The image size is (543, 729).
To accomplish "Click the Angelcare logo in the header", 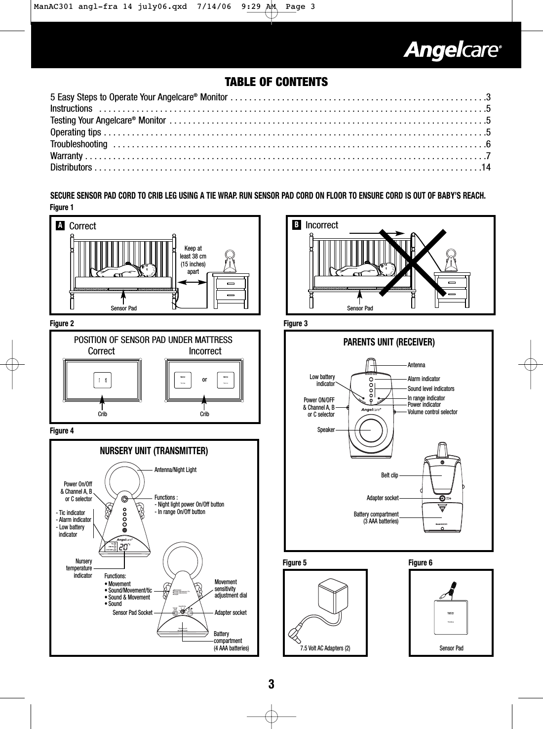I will (x=453, y=51).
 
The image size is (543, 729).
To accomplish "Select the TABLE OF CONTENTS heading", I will (x=276, y=82).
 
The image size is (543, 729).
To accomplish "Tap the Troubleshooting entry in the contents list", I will (x=79, y=144).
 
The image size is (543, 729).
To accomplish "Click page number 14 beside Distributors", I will (x=486, y=168).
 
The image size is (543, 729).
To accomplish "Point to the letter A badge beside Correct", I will (x=60, y=226).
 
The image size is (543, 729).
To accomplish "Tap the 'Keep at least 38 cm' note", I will (x=193, y=260).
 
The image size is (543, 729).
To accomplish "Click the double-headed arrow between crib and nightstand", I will (x=193, y=282).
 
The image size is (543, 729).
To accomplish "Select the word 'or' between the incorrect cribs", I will (x=204, y=380).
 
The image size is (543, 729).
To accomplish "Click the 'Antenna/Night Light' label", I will (x=175, y=470).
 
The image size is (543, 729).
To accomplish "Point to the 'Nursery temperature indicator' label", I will (x=79, y=568).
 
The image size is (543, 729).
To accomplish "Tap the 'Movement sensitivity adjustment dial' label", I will (x=231, y=589).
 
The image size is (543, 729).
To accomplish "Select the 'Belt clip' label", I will (x=389, y=475).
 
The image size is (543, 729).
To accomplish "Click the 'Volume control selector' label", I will (x=432, y=412).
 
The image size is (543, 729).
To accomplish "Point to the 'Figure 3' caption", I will (x=296, y=324).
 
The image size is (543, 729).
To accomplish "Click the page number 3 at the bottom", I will (x=271, y=685).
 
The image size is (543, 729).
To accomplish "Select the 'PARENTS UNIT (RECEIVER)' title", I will (x=389, y=342).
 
